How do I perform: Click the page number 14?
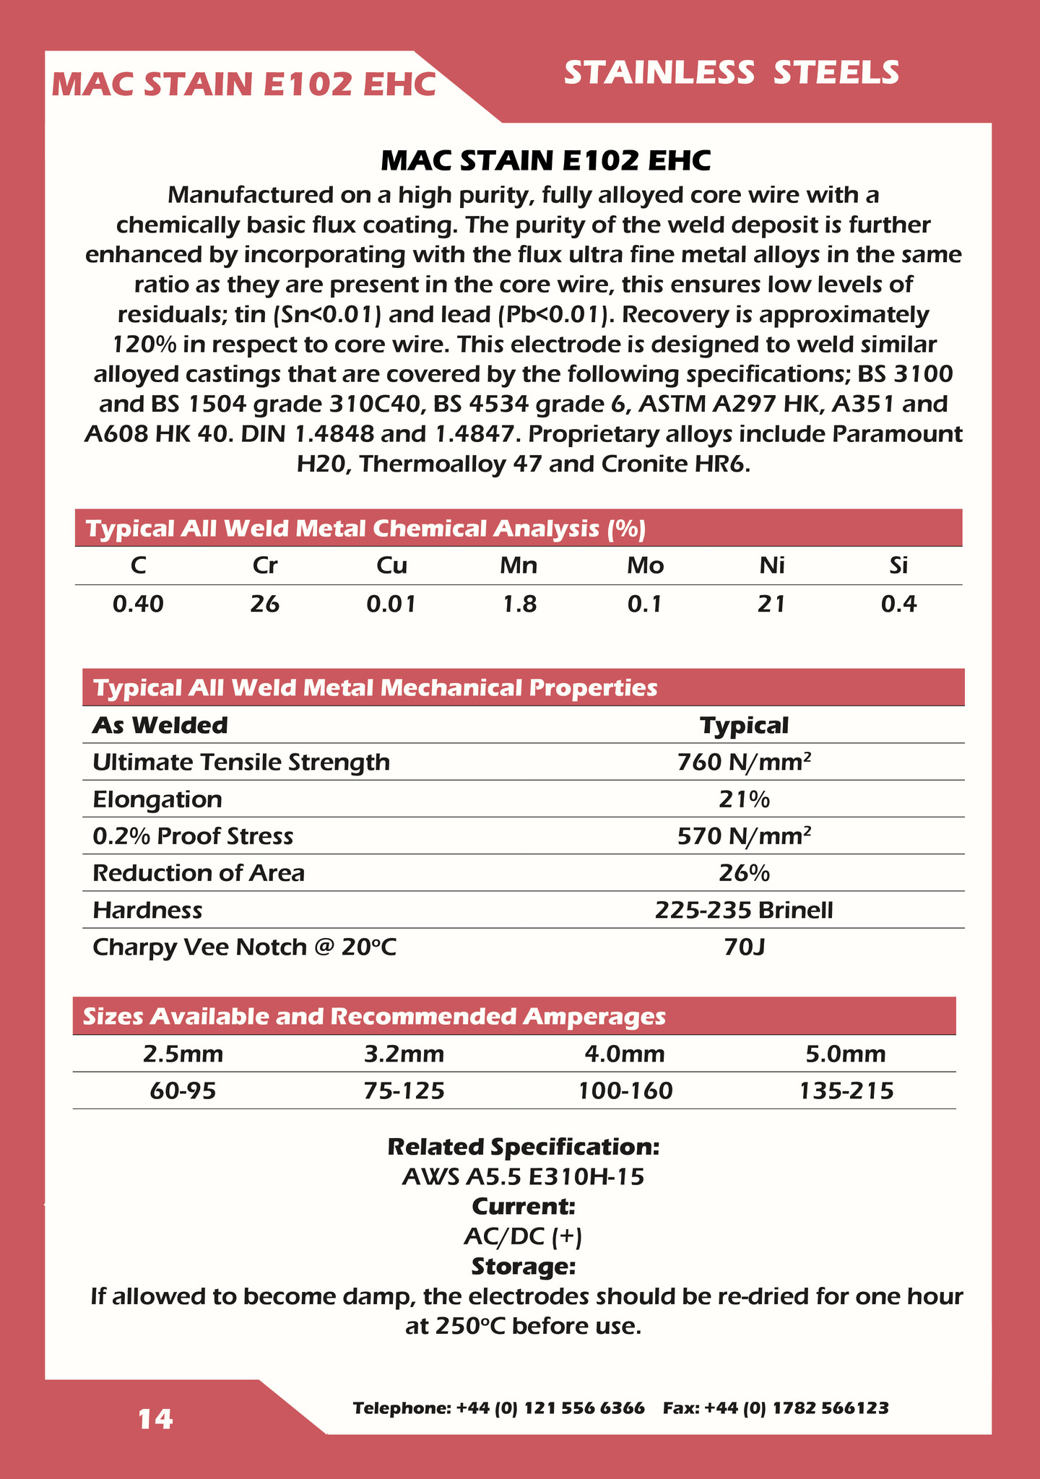pyautogui.click(x=156, y=1419)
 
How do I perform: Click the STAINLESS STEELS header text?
pyautogui.click(x=731, y=74)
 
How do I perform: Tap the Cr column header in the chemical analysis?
pyautogui.click(x=265, y=565)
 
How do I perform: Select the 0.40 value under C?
pyautogui.click(x=138, y=604)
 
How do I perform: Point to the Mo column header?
pyautogui.click(x=645, y=565)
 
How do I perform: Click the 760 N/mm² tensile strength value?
pyautogui.click(x=744, y=762)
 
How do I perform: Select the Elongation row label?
pyautogui.click(x=157, y=799)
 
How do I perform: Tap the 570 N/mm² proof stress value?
pyautogui.click(x=744, y=836)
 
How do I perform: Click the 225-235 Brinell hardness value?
pyautogui.click(x=744, y=910)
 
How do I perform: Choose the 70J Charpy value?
pyautogui.click(x=744, y=947)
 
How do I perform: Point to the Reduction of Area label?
pyautogui.click(x=199, y=873)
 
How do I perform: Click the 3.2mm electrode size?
pyautogui.click(x=404, y=1054)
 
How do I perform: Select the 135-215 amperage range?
pyautogui.click(x=846, y=1090)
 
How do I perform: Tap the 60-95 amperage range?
pyautogui.click(x=183, y=1090)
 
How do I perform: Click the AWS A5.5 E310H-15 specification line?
pyautogui.click(x=523, y=1177)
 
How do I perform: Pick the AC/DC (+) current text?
pyautogui.click(x=523, y=1237)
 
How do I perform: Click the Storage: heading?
pyautogui.click(x=523, y=1267)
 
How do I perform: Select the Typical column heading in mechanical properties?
pyautogui.click(x=744, y=725)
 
